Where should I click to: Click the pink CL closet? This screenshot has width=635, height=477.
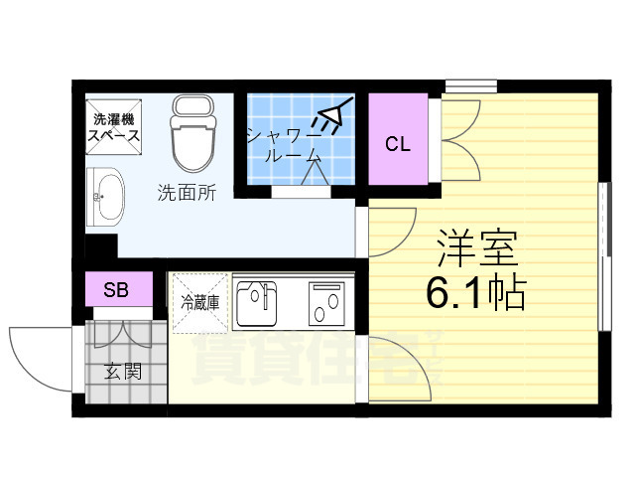[398, 143]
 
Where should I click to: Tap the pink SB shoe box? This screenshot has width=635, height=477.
[117, 290]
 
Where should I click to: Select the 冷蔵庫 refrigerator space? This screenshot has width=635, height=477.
[199, 298]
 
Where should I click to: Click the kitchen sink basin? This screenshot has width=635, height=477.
[258, 303]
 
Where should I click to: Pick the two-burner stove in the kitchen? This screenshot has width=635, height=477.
[325, 303]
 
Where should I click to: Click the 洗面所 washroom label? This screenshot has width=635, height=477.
[187, 194]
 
